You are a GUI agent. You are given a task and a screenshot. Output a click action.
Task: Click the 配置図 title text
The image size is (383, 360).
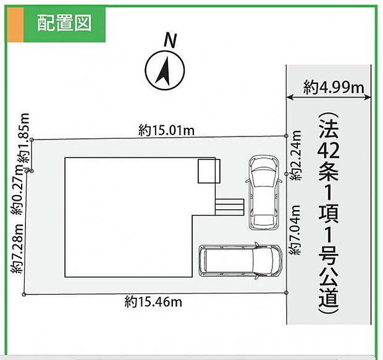coord(64,23)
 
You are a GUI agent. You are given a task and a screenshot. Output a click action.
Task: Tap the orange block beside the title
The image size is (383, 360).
coord(15,25)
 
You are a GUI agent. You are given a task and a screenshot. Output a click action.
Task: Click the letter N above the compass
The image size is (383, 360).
coord(170,41)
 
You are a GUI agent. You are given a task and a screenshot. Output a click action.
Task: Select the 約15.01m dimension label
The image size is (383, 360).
coord(166,130)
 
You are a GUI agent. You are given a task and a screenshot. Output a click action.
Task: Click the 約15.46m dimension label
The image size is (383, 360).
coord(153,302)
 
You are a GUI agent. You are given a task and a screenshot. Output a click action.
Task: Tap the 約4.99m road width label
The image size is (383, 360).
coord(334,87)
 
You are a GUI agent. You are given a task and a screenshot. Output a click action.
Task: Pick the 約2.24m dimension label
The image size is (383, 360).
coord(295,156)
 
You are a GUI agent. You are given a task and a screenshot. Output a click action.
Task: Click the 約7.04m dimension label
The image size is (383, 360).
coord(295,230)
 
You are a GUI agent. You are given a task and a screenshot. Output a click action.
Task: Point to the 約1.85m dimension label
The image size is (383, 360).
coord(23,141)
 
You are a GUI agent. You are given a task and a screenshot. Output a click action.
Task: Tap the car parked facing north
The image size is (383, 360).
coord(264,192)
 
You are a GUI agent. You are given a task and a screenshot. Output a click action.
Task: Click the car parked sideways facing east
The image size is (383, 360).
coord(240,261)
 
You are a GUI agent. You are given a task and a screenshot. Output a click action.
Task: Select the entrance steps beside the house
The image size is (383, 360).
coord(229,207)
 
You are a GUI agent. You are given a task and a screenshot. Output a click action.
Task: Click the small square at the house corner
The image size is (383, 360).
coord(209,171)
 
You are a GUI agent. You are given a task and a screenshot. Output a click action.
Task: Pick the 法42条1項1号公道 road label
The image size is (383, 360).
coord(329,213)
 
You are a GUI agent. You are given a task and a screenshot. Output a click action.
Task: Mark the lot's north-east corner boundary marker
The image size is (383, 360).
coord(286,136)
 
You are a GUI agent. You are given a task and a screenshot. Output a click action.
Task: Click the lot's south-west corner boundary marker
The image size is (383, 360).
coord(24,295)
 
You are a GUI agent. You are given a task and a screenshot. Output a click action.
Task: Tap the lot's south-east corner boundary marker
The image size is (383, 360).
coord(286,293)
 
